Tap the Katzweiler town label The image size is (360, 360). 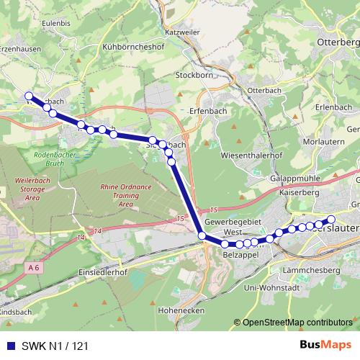tap(182, 33)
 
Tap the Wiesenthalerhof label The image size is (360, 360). tap(252, 155)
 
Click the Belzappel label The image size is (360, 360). tap(240, 256)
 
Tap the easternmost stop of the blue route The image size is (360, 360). tap(331, 219)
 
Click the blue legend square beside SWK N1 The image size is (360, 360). tap(9, 346)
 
